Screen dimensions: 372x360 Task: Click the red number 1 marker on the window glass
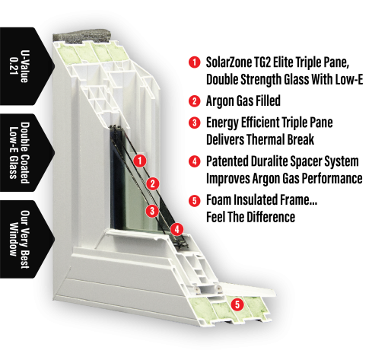click(x=140, y=161)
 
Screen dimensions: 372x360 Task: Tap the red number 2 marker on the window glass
click(x=153, y=183)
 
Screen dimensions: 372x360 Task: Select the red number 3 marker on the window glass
click(x=152, y=211)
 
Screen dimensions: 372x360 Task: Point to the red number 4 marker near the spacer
click(x=176, y=230)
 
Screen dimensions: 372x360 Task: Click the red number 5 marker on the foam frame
click(x=237, y=304)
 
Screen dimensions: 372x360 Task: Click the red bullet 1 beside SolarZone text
click(x=195, y=62)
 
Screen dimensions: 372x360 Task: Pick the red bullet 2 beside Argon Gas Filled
click(x=195, y=101)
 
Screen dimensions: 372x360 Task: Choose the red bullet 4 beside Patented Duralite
click(x=195, y=161)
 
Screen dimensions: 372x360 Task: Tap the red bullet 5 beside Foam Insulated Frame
click(x=195, y=200)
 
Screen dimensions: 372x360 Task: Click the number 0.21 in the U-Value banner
click(x=13, y=66)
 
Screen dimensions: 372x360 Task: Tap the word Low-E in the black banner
click(x=13, y=141)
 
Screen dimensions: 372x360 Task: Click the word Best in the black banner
click(x=24, y=259)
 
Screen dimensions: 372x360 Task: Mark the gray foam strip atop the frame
click(x=81, y=35)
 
